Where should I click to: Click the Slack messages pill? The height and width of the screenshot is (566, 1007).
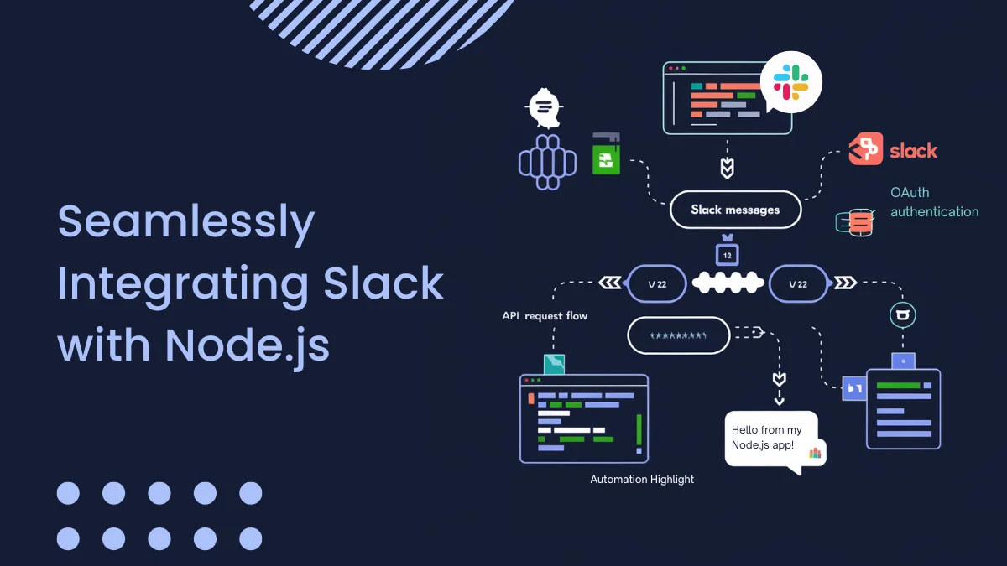tap(735, 210)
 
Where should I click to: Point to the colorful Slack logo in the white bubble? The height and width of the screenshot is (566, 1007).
tap(790, 81)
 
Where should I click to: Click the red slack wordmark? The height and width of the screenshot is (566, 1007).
tap(913, 151)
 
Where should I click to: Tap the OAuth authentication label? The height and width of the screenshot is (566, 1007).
tap(933, 202)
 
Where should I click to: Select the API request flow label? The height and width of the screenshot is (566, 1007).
tap(545, 316)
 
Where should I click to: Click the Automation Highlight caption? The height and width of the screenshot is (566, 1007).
tap(642, 480)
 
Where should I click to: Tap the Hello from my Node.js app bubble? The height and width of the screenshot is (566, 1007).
tap(768, 438)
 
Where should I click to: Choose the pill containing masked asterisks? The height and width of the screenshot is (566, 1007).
tap(678, 335)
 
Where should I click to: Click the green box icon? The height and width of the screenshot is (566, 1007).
tap(606, 156)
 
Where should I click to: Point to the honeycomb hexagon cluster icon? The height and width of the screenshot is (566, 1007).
tap(548, 160)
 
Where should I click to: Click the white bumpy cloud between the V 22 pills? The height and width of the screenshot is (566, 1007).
tap(728, 283)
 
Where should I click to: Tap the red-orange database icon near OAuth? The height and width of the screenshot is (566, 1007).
tap(858, 222)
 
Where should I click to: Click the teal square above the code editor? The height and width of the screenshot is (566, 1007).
tap(554, 364)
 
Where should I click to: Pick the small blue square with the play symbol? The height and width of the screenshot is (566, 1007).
tap(854, 388)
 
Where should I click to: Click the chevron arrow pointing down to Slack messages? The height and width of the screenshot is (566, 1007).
tap(728, 168)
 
